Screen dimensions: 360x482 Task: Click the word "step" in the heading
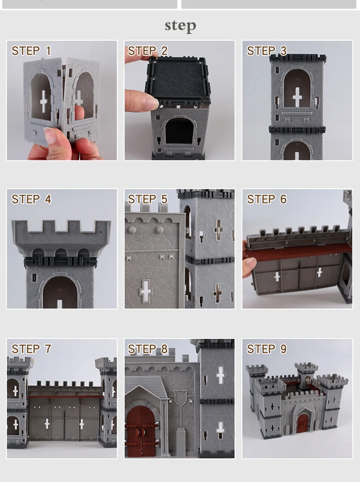coord(180,26)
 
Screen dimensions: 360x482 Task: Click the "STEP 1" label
coord(31,51)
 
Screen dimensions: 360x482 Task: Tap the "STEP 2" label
coord(148,51)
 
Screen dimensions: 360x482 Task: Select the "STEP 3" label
coord(267,51)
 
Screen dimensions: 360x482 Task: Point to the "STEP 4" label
coord(31,199)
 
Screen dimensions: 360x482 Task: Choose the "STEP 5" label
coord(148,199)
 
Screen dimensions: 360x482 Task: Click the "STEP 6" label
coord(267,199)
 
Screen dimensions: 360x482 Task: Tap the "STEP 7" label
coord(31,349)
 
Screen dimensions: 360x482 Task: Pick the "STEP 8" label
coord(148,349)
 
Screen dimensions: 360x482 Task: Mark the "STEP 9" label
coord(267,349)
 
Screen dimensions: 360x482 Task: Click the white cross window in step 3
coord(297,97)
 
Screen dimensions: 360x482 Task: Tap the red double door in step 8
coord(141,432)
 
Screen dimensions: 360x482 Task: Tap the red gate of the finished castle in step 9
coord(303,423)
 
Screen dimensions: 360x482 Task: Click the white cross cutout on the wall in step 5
coord(145,292)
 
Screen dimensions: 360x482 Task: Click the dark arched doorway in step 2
coord(180,131)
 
